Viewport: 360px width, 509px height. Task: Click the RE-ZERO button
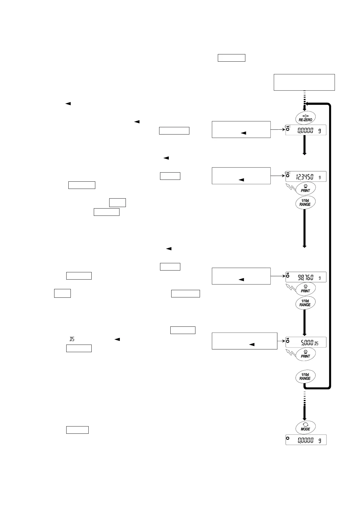pyautogui.click(x=305, y=118)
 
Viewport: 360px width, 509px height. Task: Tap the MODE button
pyautogui.click(x=305, y=427)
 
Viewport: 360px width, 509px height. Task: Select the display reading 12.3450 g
pyautogui.click(x=306, y=177)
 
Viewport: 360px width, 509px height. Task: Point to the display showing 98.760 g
pyautogui.click(x=306, y=277)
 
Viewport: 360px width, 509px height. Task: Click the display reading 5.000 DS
pyautogui.click(x=306, y=342)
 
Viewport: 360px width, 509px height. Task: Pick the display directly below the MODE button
pyautogui.click(x=306, y=440)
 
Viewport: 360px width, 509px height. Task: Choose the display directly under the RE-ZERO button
pyautogui.click(x=306, y=130)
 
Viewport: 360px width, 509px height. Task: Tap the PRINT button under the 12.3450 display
pyautogui.click(x=305, y=188)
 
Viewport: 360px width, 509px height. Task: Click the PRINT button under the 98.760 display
pyautogui.click(x=305, y=289)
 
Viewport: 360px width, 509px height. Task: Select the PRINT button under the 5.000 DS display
pyautogui.click(x=305, y=354)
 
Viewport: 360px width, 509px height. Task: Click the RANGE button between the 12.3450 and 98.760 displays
pyautogui.click(x=305, y=202)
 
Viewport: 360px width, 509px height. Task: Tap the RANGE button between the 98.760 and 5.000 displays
pyautogui.click(x=305, y=303)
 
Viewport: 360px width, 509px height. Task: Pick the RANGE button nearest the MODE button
pyautogui.click(x=305, y=376)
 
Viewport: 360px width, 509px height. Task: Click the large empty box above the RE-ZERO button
pyautogui.click(x=304, y=82)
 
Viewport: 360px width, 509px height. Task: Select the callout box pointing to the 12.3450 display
pyautogui.click(x=241, y=176)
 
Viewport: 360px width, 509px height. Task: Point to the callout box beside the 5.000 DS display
pyautogui.click(x=244, y=341)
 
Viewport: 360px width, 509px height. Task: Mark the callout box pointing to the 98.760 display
pyautogui.click(x=241, y=276)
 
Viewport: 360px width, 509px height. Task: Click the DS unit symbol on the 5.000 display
pyautogui.click(x=316, y=343)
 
